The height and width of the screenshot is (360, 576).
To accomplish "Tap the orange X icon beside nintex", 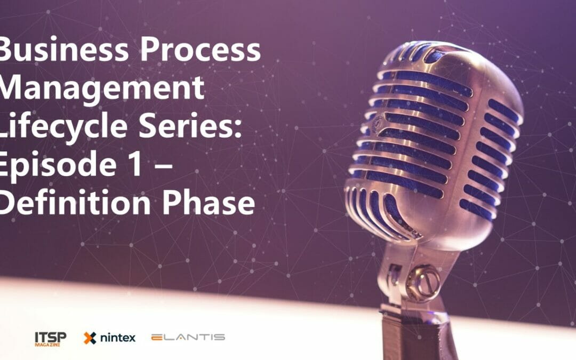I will click(90, 338).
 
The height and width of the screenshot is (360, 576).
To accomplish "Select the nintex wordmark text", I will click(117, 338).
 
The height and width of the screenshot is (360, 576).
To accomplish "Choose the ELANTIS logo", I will click(188, 337).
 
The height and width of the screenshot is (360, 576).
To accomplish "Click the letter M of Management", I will click(12, 89).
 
